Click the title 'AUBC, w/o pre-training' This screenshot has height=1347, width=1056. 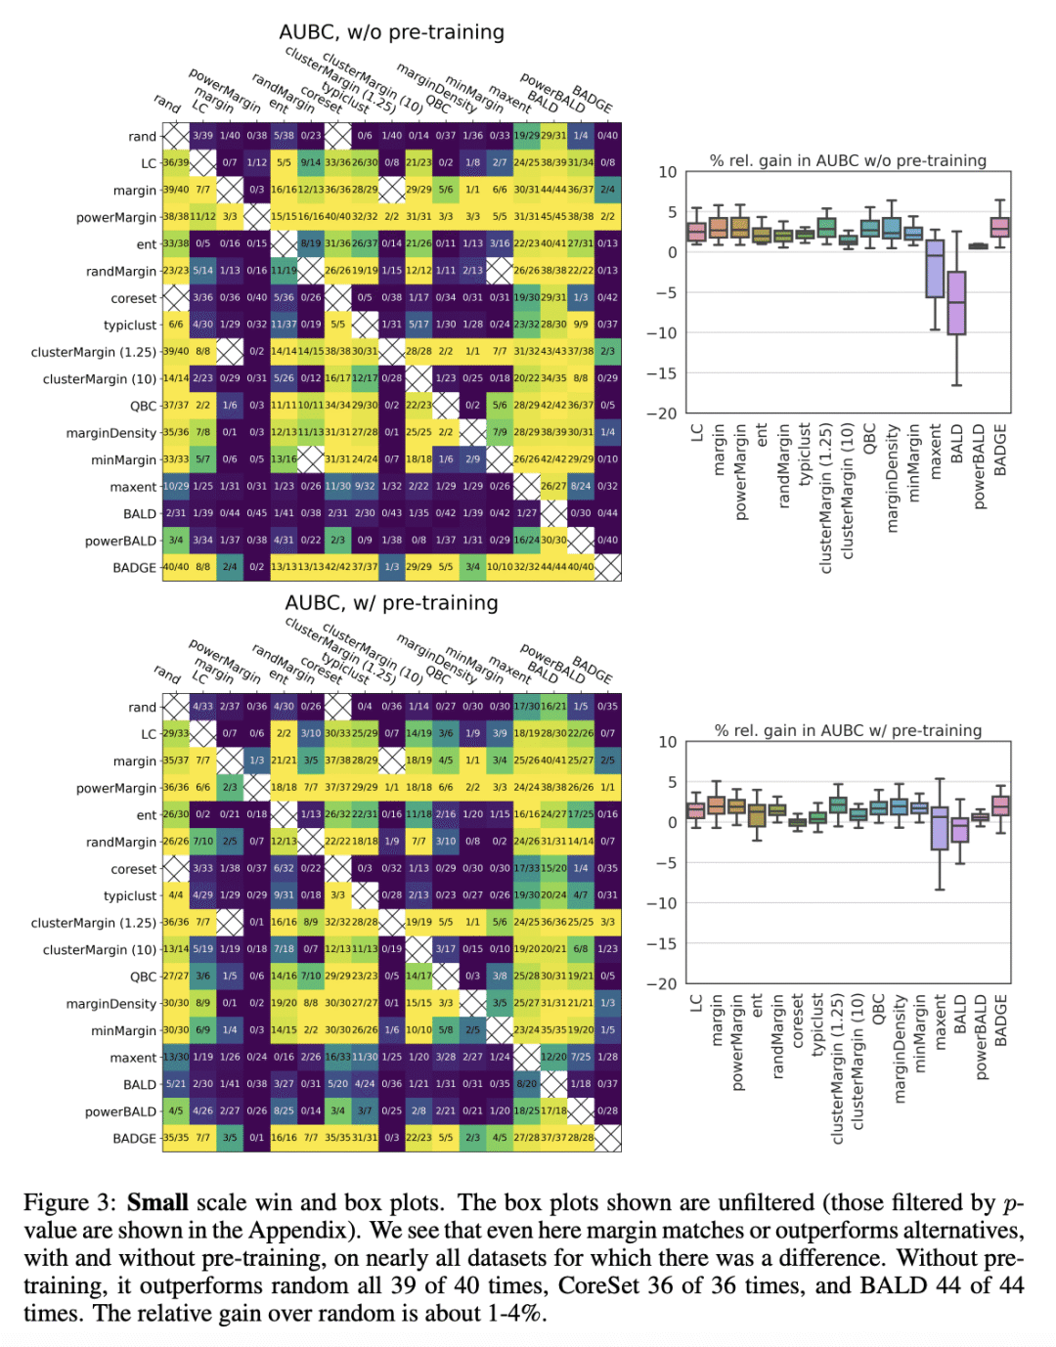pos(391,32)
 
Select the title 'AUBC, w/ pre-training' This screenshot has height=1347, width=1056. pos(391,603)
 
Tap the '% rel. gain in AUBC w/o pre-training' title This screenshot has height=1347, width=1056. pos(848,160)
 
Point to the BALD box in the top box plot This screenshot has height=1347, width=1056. pos(956,303)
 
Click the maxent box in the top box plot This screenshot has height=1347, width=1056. pos(935,268)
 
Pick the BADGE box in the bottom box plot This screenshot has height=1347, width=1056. pos(1000,805)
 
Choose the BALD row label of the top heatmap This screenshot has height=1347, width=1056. pos(140,514)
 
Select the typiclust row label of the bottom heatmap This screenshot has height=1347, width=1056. pos(130,896)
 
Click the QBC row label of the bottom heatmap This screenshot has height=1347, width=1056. pos(143,977)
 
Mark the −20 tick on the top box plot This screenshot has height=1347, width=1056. pos(662,413)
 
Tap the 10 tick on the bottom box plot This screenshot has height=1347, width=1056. pos(667,742)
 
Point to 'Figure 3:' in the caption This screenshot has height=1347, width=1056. pos(70,1202)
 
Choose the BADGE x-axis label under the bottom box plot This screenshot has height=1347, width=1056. pos(1000,1021)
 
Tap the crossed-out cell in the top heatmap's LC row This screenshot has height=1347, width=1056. pos(202,162)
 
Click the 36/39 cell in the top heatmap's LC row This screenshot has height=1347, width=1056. pos(176,162)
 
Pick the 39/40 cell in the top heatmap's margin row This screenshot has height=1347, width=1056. pos(176,190)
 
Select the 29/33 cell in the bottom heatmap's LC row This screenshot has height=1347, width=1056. pos(176,733)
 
